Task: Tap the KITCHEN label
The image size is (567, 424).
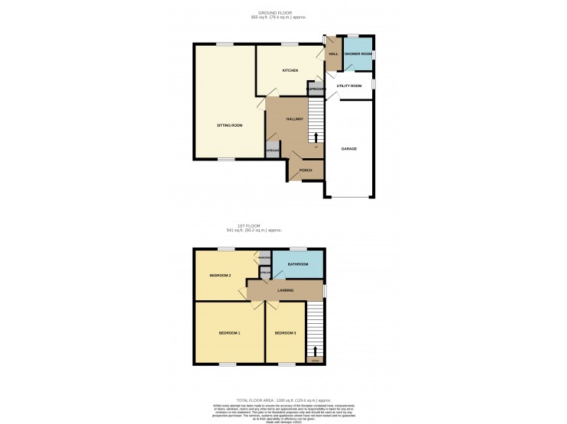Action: coord(290,70)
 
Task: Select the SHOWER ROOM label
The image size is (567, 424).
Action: coord(357,54)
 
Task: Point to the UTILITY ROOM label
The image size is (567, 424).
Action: coord(348,86)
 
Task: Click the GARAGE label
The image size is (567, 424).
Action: coord(348,149)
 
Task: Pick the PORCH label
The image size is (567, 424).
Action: coord(306,170)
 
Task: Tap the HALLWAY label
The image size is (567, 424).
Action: coord(295,119)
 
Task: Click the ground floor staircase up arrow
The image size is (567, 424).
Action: coord(316,136)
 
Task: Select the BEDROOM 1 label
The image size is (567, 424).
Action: coord(229,333)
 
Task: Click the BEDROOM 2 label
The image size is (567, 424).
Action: coord(220,275)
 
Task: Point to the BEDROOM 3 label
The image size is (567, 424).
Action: coord(285,333)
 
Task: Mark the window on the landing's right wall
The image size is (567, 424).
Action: coord(324,291)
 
